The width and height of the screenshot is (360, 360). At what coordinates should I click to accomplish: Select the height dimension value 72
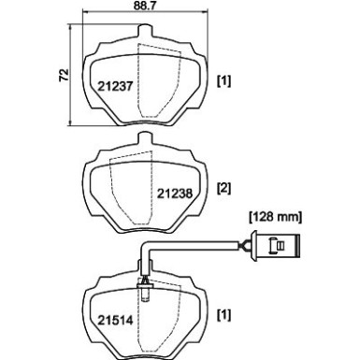[62, 74]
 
